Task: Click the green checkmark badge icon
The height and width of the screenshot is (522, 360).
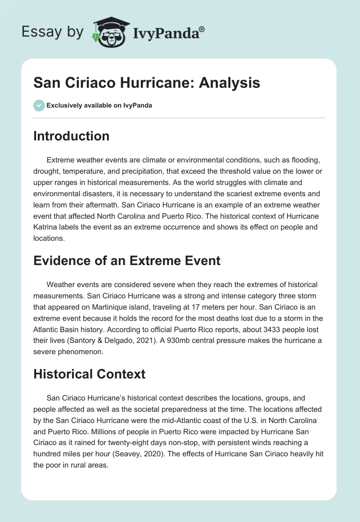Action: click(39, 105)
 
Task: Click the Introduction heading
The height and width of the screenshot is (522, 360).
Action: click(71, 136)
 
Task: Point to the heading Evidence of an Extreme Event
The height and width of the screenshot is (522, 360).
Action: click(127, 260)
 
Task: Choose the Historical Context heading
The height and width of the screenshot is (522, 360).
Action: click(89, 374)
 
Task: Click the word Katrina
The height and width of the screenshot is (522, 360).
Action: click(48, 227)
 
